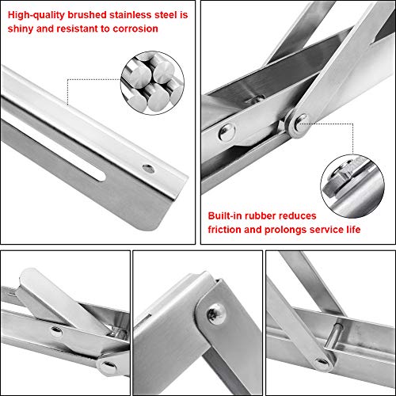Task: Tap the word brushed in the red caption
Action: pos(87,12)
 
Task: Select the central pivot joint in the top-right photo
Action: pos(297,122)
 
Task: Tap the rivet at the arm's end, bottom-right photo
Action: pos(321,364)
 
